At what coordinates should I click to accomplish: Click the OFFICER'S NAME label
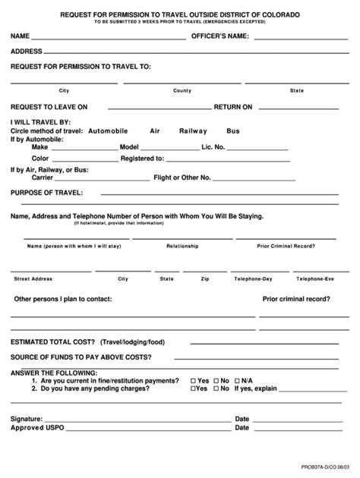click(219, 36)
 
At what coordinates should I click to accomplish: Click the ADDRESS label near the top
click(26, 52)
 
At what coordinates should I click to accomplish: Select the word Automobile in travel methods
click(108, 131)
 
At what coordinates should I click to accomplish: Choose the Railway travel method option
click(192, 131)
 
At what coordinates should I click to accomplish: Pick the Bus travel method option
click(233, 131)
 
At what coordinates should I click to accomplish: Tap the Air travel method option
click(155, 131)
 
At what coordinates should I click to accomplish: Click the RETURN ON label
click(232, 107)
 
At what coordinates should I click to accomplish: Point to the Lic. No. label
click(213, 146)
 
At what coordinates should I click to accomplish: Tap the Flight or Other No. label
click(182, 178)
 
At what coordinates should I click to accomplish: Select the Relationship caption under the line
click(182, 246)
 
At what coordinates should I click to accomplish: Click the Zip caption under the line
click(204, 278)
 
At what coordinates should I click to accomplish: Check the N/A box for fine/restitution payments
click(236, 380)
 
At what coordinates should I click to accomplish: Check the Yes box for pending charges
click(194, 388)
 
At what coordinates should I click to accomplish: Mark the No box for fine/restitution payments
click(215, 380)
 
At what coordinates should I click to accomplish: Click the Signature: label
click(27, 418)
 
